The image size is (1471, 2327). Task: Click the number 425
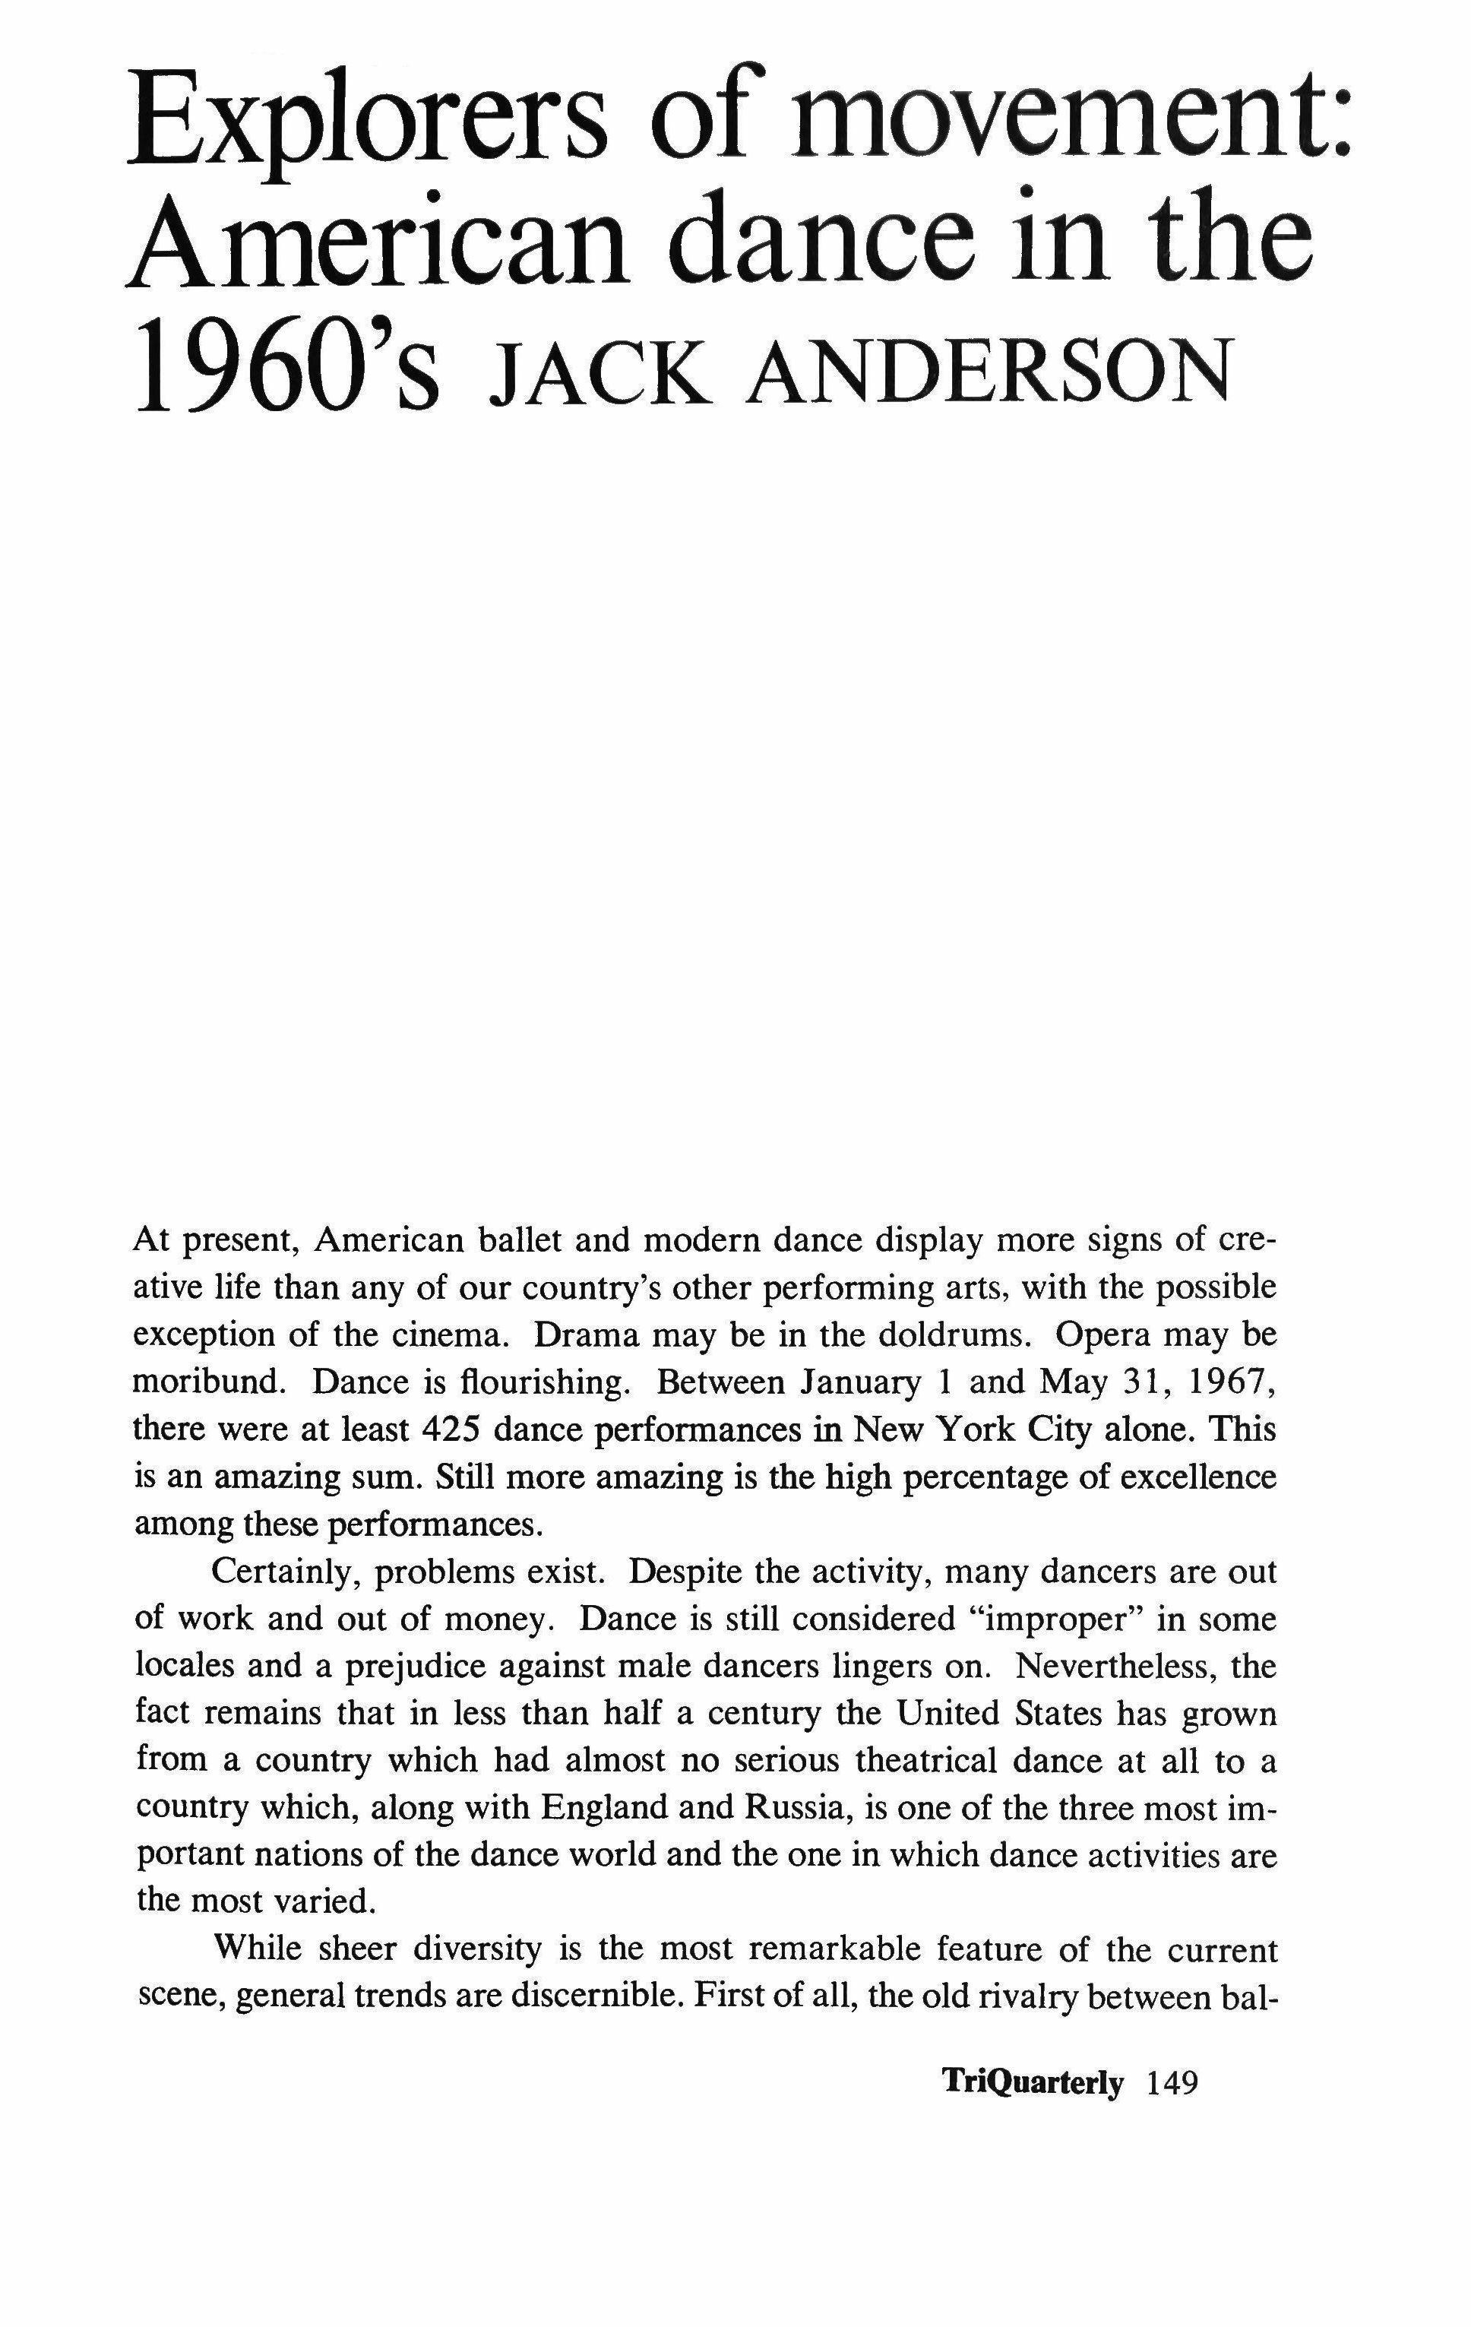coord(452,1429)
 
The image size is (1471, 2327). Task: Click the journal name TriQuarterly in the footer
coord(1033,2082)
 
